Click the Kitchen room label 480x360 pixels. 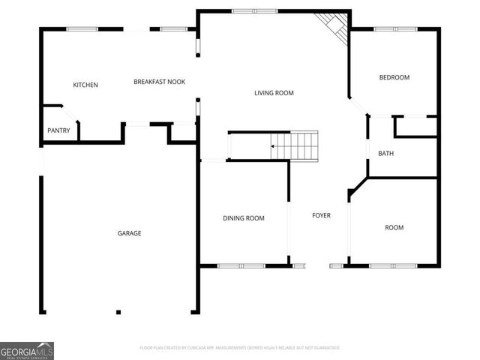pos(85,85)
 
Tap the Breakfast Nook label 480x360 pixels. pos(159,82)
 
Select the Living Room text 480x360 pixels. pos(274,93)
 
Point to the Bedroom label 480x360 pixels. pos(394,77)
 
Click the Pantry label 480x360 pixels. pos(58,130)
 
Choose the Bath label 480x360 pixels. pos(385,154)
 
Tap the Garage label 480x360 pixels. pos(129,233)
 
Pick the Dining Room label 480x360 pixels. pos(243,218)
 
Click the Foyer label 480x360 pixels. pos(321,216)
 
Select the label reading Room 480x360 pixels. pos(394,227)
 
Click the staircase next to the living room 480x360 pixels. pos(295,144)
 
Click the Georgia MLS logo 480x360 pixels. pos(27,350)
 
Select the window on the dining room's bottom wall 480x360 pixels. pos(241,265)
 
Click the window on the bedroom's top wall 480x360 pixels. pos(395,29)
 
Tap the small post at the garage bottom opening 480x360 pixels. pos(118,312)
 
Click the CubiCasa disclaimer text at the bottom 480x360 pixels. pos(240,348)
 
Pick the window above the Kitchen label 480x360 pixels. pos(82,29)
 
